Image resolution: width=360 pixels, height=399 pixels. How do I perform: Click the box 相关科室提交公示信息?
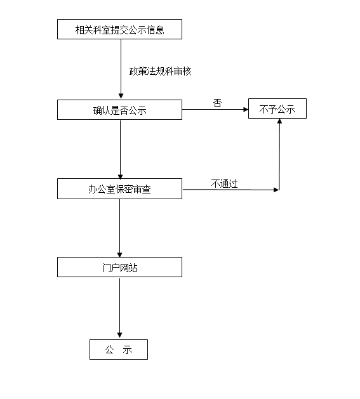pos(119,29)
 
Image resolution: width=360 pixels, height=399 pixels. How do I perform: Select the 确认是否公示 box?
pos(119,110)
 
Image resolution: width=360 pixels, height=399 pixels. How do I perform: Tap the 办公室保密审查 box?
pos(119,188)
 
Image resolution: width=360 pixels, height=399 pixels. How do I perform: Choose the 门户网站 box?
pos(119,267)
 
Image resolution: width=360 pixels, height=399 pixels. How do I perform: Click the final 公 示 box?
pos(119,350)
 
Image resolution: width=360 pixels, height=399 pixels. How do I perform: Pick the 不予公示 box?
pos(277,108)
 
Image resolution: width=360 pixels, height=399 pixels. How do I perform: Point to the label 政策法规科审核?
pos(160,72)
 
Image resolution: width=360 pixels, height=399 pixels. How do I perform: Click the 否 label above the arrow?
pos(217,103)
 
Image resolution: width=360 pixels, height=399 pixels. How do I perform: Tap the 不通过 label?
pos(224,183)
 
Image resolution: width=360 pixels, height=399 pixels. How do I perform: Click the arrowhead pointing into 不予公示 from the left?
pos(246,109)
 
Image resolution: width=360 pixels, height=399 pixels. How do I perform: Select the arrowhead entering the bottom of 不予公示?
pos(279,121)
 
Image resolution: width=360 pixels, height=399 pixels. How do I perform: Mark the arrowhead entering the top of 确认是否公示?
pos(121,96)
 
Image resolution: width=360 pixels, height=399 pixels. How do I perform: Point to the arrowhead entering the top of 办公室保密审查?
pos(120,176)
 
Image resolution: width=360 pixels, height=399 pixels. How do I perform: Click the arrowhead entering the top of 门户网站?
pos(120,255)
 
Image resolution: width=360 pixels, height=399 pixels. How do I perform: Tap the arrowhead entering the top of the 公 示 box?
pos(120,335)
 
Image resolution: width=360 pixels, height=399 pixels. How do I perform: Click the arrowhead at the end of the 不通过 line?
pos(276,190)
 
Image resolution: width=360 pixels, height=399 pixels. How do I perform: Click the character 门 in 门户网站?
pos(106,268)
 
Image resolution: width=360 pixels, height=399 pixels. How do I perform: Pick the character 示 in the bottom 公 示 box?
pos(127,350)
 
